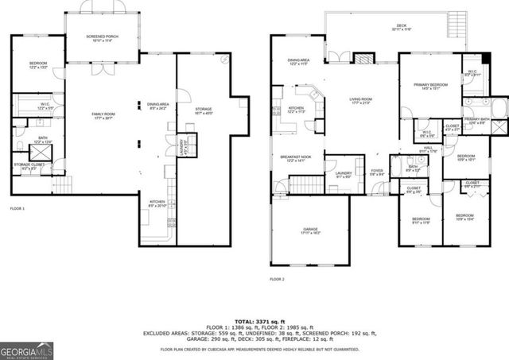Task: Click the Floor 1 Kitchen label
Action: click(x=157, y=203)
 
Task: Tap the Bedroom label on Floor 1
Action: click(x=38, y=65)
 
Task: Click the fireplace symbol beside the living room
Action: click(x=363, y=59)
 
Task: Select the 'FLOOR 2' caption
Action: click(x=277, y=280)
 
